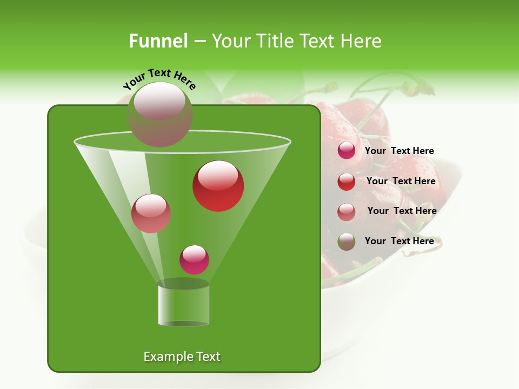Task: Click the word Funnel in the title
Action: (x=158, y=41)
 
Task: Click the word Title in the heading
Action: (x=275, y=41)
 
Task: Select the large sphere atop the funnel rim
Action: (x=160, y=114)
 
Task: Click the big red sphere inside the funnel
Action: (x=218, y=186)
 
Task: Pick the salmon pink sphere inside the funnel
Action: (x=151, y=213)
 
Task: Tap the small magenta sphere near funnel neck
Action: (x=195, y=259)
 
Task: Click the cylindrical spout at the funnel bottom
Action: (x=184, y=304)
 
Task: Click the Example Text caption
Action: (x=182, y=357)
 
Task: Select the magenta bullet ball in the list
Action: (x=347, y=151)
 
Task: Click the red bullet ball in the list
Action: (x=347, y=182)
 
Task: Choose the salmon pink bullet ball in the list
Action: (x=347, y=212)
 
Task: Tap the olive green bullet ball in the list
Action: (x=347, y=242)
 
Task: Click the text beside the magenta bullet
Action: (x=400, y=151)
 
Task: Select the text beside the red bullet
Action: (x=401, y=182)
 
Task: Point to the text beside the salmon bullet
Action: (x=402, y=211)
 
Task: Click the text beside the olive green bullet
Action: (x=400, y=242)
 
